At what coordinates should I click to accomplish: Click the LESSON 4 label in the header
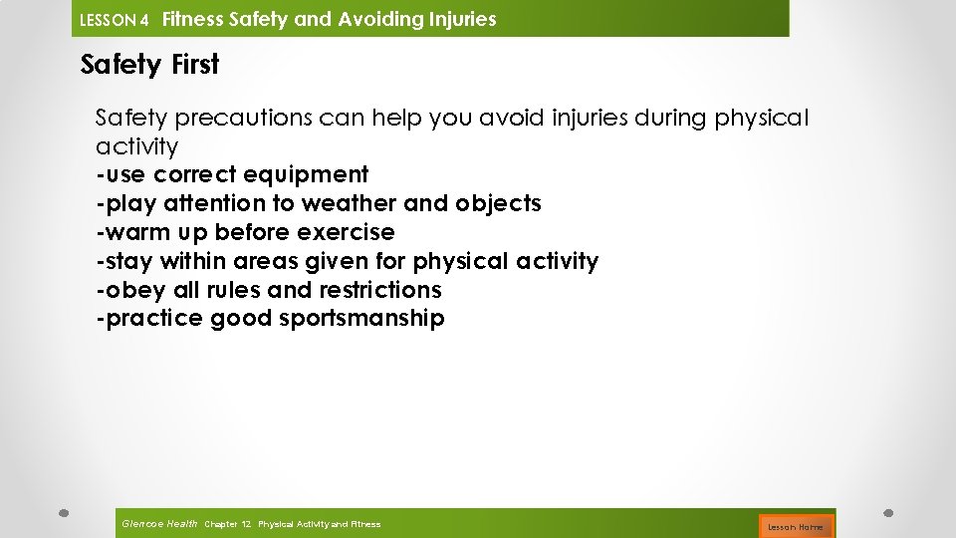point(114,20)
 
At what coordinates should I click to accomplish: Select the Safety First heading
point(149,65)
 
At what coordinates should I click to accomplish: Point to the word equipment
point(310,175)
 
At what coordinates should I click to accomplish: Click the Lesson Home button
point(795,526)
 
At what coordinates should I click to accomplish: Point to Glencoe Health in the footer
point(158,524)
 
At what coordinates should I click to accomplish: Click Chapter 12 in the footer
point(227,524)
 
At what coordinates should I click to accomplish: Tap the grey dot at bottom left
point(63,514)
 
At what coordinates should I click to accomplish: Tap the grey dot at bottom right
point(889,514)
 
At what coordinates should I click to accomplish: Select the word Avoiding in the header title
point(372,19)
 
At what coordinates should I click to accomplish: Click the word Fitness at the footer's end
point(364,524)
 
